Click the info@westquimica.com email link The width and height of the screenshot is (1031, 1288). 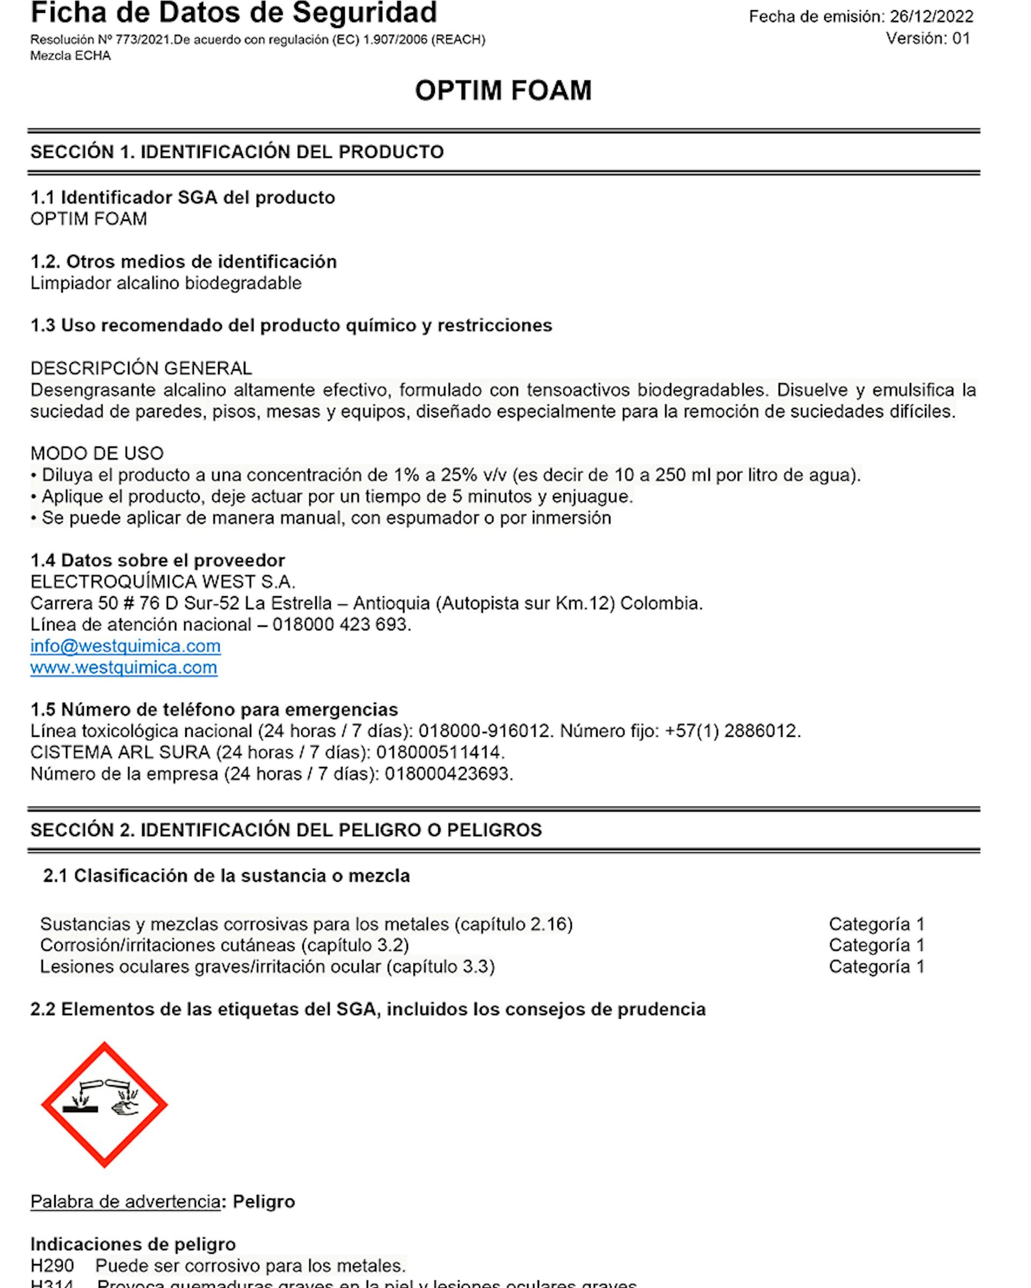click(126, 646)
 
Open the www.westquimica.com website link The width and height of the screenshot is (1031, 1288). click(124, 667)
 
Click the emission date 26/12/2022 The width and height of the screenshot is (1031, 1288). click(931, 17)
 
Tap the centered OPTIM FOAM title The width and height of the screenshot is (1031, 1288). click(503, 91)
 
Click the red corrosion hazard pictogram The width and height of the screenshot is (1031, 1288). click(105, 1104)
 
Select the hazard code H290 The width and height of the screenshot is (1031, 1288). click(52, 1265)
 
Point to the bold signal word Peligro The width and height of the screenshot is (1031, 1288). click(264, 1202)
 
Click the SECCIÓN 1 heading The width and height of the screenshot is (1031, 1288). click(237, 152)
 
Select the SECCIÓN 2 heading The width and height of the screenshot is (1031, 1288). click(286, 830)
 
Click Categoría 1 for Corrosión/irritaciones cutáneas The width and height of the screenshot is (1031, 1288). click(876, 945)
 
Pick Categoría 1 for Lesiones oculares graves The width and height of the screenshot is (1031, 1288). click(876, 967)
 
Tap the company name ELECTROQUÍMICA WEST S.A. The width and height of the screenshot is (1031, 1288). click(163, 581)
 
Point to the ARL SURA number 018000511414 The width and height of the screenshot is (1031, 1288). click(439, 752)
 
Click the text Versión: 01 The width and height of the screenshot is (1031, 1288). click(927, 39)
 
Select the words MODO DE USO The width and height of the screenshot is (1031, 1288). click(97, 453)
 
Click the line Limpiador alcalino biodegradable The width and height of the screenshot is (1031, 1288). click(165, 283)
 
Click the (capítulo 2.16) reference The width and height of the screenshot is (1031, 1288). click(513, 924)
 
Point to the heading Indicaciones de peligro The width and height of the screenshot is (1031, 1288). click(133, 1244)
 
